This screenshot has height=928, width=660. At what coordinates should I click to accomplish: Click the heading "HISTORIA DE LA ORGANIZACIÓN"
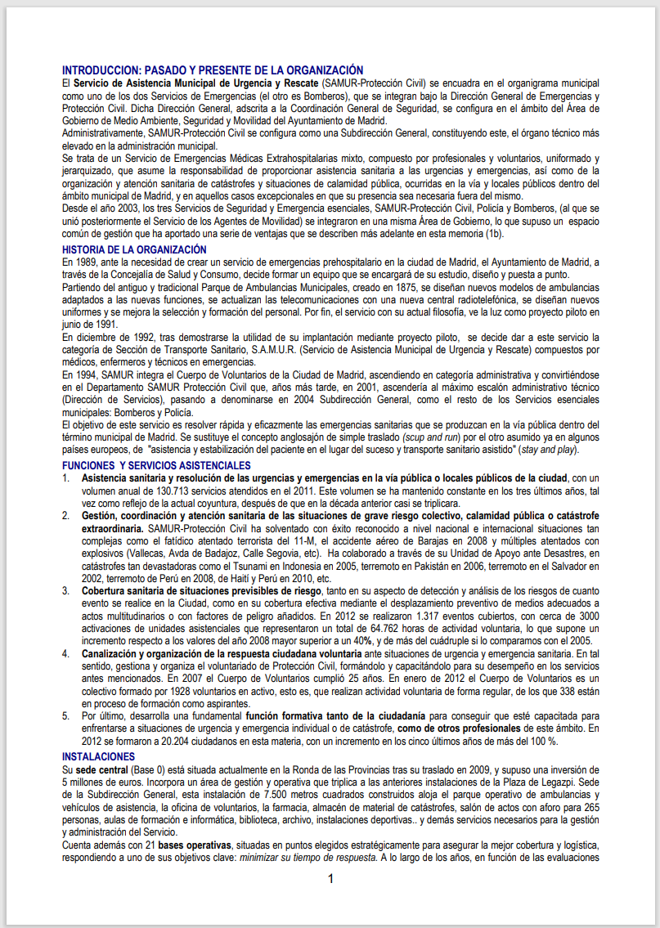(134, 249)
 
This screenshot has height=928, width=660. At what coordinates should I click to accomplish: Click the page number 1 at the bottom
(330, 879)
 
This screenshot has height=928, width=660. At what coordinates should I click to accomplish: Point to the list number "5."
(67, 715)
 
